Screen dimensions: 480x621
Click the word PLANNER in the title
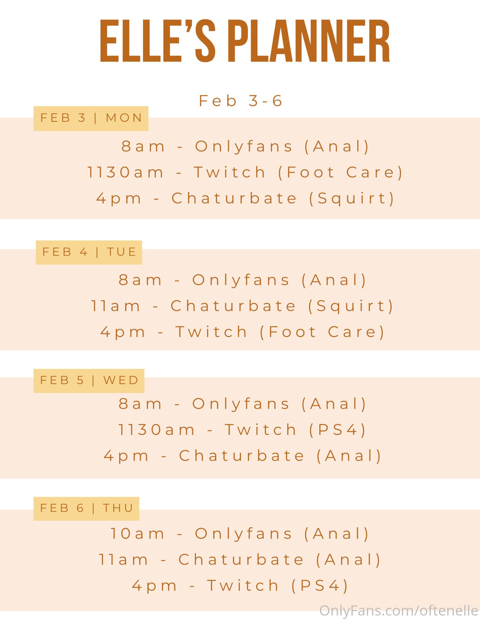point(310,41)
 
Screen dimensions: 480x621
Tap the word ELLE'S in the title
point(158,41)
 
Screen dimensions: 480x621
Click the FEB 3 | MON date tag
point(91,118)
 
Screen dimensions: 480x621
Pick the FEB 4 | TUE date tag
point(89,252)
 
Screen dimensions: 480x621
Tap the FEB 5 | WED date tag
point(89,381)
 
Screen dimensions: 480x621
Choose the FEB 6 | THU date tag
point(86,509)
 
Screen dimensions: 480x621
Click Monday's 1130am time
point(125,172)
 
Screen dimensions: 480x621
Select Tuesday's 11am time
point(116,306)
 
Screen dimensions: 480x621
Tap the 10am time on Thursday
point(137,534)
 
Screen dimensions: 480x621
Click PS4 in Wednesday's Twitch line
point(337,430)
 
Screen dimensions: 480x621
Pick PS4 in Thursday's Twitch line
point(320,586)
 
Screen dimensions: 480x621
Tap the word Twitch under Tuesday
point(211,332)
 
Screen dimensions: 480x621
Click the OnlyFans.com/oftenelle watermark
point(399,611)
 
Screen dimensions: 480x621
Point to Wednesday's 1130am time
point(157,430)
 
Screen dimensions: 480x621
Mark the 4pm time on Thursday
point(154,586)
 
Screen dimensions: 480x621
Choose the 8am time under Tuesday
point(140,280)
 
